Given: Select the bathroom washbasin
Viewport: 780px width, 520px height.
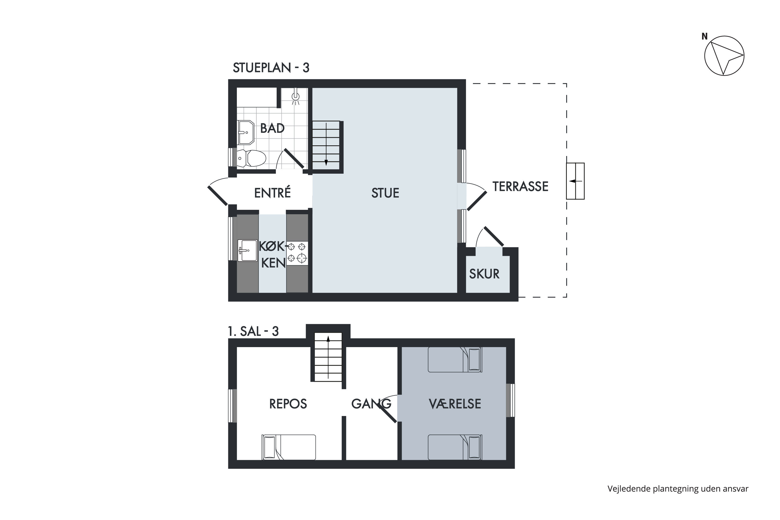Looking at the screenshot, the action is [x=246, y=132].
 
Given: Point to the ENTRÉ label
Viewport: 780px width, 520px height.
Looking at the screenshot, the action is [x=272, y=193].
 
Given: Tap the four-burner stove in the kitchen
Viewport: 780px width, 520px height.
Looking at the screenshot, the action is [x=297, y=253].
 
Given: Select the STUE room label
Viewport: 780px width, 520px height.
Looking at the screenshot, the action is [x=385, y=193].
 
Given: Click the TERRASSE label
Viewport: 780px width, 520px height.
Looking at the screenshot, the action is [x=520, y=187].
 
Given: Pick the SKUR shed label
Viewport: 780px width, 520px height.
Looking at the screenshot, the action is [x=484, y=274].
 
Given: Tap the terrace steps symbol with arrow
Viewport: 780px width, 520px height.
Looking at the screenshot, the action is [x=575, y=181].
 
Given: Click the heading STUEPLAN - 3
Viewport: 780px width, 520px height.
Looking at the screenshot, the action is [x=271, y=68].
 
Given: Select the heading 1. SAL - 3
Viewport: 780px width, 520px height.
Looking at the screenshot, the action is [x=253, y=331].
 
